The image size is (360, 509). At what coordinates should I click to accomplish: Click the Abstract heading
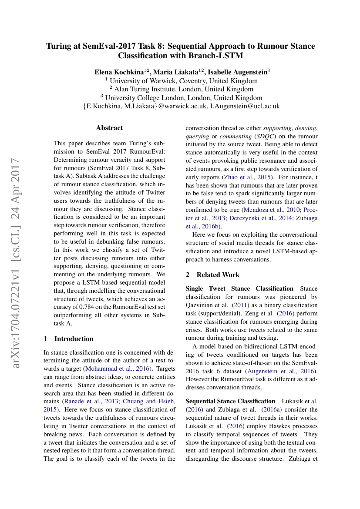(109, 128)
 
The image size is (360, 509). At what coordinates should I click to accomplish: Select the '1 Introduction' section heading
(69, 338)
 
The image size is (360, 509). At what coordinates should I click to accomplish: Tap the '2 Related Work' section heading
(212, 275)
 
